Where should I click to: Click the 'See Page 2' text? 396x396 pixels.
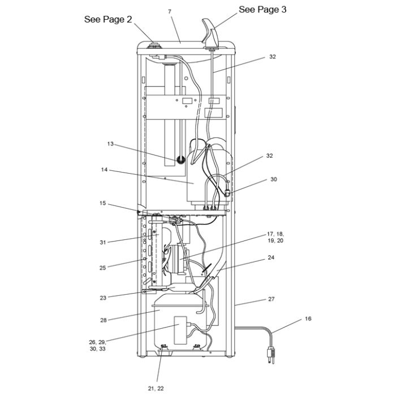(108, 19)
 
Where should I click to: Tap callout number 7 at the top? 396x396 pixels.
(170, 11)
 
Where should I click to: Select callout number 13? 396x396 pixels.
(110, 144)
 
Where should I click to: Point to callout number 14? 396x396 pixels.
(104, 170)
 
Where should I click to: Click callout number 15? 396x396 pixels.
(102, 203)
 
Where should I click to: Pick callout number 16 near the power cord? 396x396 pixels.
(308, 318)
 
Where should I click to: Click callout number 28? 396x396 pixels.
(104, 320)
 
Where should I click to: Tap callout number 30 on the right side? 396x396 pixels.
(274, 179)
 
